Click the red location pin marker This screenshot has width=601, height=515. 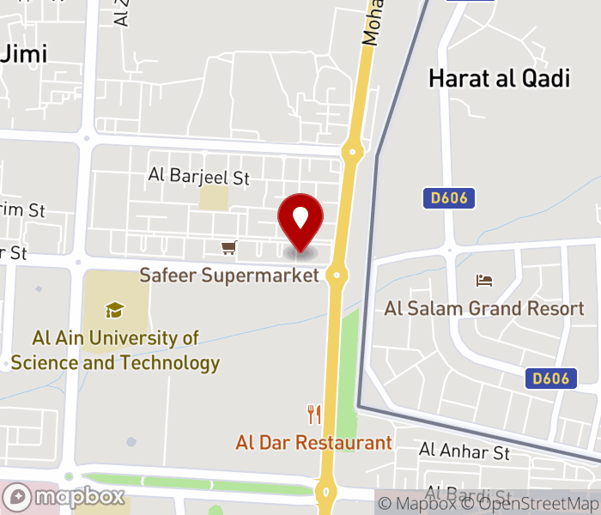[300, 221]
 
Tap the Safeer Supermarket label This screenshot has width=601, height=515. [229, 276]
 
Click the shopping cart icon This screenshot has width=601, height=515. [228, 248]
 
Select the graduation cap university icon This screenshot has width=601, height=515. [114, 310]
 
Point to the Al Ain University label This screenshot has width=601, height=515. [115, 350]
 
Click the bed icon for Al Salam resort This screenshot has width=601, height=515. [484, 281]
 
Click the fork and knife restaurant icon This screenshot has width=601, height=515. [314, 415]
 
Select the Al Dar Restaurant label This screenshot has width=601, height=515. [313, 443]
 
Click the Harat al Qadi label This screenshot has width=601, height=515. [499, 79]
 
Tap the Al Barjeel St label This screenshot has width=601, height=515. [198, 177]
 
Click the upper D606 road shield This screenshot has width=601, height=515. [449, 199]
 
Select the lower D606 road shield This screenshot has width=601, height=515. [550, 378]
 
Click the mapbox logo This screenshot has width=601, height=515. [64, 497]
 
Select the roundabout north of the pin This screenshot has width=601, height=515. [351, 153]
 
